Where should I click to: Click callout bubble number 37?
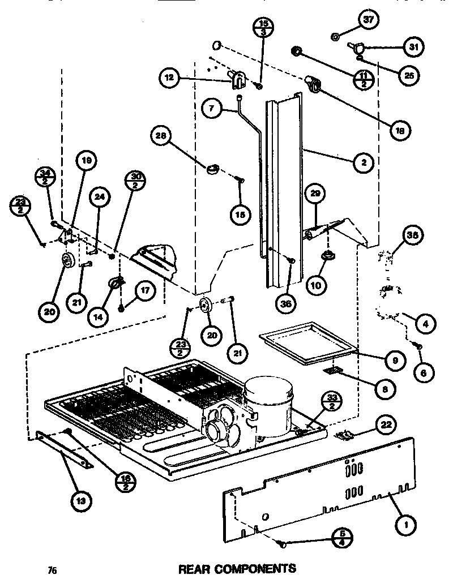coord(368,20)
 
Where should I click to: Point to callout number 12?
coord(168,79)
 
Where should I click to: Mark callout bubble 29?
coord(315,194)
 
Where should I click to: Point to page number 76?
coord(53,569)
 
